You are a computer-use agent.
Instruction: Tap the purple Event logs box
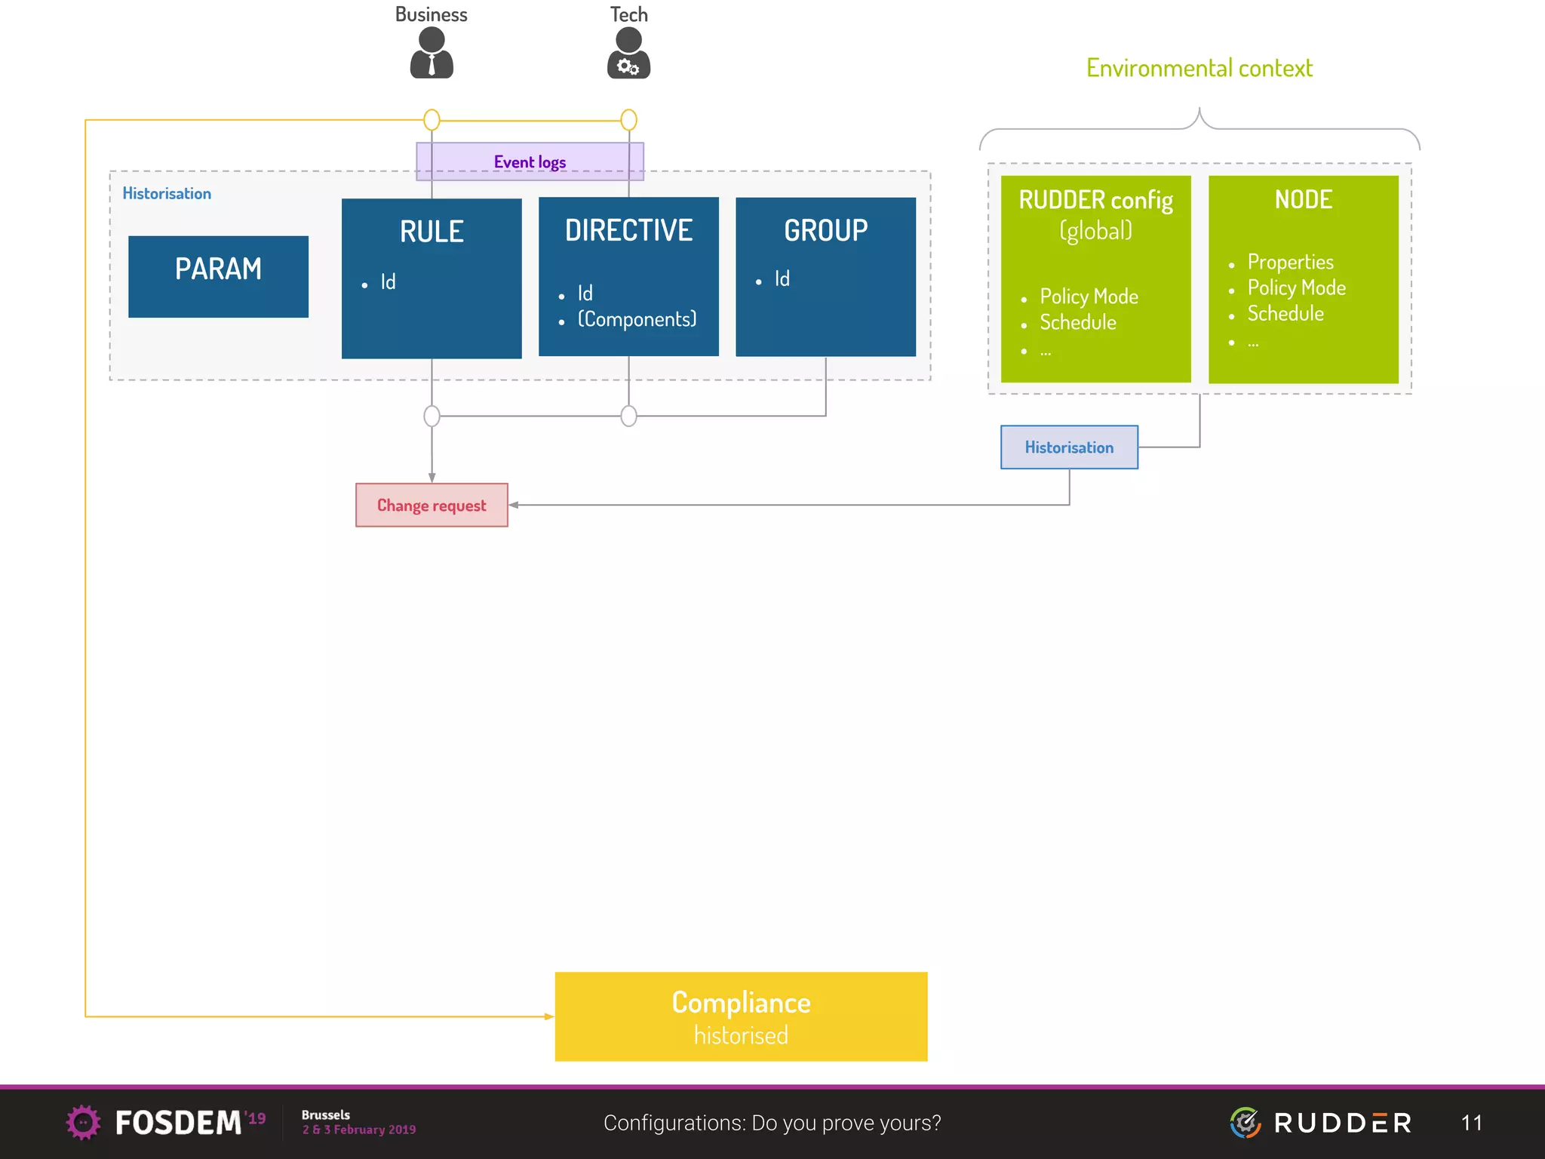(530, 161)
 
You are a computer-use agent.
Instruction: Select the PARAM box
(218, 276)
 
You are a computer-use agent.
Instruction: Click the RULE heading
(432, 232)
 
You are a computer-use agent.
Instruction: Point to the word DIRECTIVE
(628, 230)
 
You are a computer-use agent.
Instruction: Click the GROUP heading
(825, 230)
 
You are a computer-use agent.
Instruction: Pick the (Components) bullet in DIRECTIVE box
(637, 319)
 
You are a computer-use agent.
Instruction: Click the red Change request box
(432, 505)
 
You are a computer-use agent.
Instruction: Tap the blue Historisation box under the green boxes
(1069, 447)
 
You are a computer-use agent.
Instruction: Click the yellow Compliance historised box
(741, 1016)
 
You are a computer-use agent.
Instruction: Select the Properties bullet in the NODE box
(1290, 262)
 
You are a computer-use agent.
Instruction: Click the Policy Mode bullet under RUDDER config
(1089, 297)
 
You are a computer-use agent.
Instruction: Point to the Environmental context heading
(1199, 68)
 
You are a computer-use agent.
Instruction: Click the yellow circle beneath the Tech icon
(628, 119)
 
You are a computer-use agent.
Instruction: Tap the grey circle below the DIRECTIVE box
(628, 416)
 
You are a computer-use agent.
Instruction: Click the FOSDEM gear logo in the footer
(83, 1122)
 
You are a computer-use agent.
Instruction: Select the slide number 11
(1471, 1123)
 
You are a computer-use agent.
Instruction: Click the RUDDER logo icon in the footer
(1246, 1123)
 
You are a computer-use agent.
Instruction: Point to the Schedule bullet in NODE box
(1285, 313)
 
